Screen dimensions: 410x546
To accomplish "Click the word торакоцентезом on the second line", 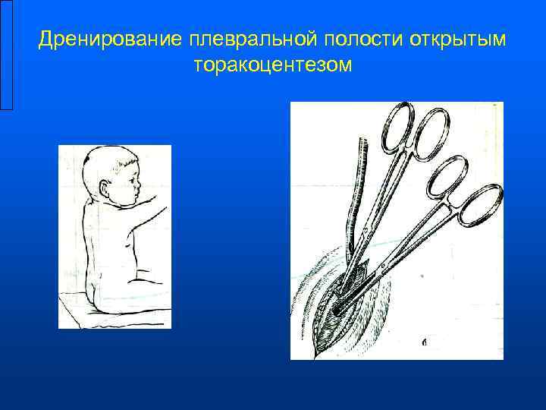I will point(273,66).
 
